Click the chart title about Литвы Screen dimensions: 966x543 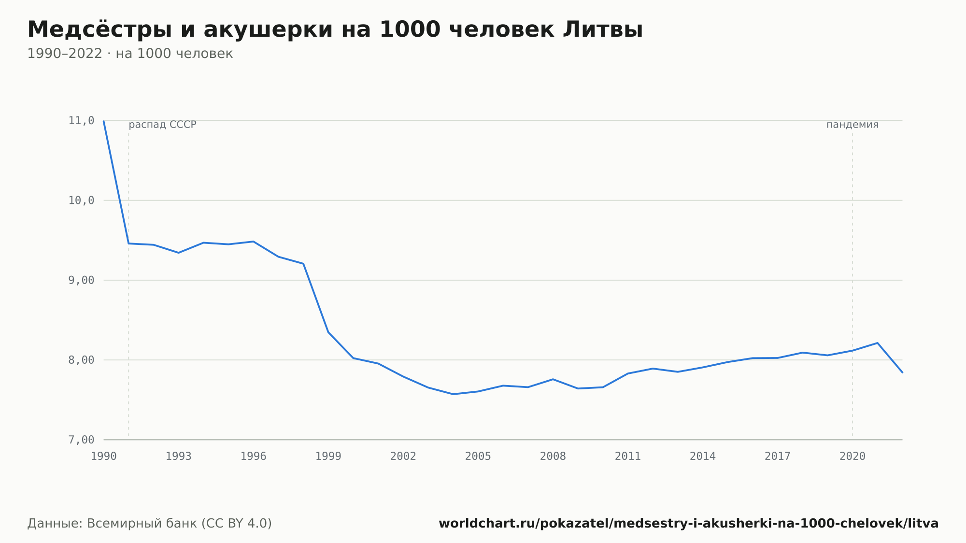point(335,29)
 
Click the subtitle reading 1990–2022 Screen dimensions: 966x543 point(130,54)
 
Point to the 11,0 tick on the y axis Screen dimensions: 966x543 point(81,121)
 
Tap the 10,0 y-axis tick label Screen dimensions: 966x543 point(81,200)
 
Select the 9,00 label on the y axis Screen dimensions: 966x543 point(81,280)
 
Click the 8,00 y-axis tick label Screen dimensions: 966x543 point(81,360)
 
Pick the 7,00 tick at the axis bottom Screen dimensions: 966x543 point(81,440)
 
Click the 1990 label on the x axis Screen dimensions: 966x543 point(104,457)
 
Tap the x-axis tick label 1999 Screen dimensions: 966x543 point(328,457)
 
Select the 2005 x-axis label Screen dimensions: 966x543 point(478,457)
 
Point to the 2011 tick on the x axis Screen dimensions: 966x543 point(628,457)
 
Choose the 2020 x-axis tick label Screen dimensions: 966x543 point(852,457)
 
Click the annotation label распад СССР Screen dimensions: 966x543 point(163,125)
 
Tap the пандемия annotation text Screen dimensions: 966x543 point(852,125)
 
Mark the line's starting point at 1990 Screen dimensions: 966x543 point(104,121)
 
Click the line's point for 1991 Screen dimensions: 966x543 point(128,243)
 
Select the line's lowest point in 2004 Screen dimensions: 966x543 point(453,394)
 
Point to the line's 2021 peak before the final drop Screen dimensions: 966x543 point(877,343)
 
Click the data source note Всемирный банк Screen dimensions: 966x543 point(150,524)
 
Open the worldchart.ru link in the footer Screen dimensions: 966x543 point(689,524)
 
